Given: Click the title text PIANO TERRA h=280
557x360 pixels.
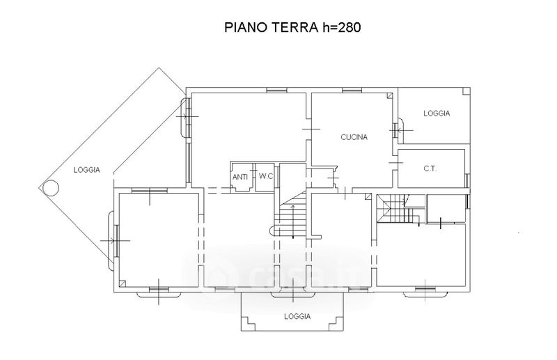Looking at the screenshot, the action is point(292,27).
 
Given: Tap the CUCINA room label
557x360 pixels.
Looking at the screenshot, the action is point(354,137).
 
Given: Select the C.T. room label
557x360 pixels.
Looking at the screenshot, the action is point(430,169).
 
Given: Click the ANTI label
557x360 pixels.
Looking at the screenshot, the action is point(240,177).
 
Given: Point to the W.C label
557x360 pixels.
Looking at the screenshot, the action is point(265,176).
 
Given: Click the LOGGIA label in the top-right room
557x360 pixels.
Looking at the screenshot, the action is point(437,114).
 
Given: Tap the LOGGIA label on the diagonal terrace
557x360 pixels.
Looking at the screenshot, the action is point(86,170).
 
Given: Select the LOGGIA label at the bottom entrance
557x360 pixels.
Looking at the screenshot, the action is point(297,316).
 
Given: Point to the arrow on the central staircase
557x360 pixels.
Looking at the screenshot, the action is point(293,221).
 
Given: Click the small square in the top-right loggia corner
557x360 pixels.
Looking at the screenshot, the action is point(466,91).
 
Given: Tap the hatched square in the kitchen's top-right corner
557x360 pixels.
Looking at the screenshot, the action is point(390,95).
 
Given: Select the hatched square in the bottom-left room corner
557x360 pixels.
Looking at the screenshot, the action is point(123,283).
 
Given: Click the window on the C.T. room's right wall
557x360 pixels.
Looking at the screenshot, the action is point(467,180).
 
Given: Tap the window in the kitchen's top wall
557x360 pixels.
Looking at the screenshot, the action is point(352,91).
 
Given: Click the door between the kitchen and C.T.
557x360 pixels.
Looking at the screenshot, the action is point(395,162).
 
